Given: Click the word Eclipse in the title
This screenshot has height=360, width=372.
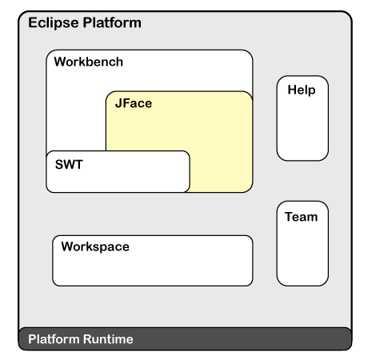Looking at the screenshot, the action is click(54, 23).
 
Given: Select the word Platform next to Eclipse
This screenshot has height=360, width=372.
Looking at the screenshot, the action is click(112, 22).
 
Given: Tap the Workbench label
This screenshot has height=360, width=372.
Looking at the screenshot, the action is click(89, 62).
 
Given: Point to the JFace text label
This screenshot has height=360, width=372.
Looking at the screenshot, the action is click(134, 103).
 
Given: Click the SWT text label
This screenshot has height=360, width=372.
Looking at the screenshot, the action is click(69, 164).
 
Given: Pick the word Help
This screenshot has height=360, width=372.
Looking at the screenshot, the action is click(302, 90).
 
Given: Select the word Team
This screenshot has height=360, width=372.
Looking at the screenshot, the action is click(302, 217).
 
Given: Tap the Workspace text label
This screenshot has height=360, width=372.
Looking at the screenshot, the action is click(95, 246).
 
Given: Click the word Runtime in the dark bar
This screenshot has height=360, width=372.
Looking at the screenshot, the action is click(108, 339).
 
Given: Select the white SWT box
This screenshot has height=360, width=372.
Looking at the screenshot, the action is click(118, 171).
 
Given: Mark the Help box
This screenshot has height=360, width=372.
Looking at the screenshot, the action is click(302, 118).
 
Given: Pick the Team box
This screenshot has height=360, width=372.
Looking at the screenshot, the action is click(302, 243).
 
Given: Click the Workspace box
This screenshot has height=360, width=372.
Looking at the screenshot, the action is click(153, 261).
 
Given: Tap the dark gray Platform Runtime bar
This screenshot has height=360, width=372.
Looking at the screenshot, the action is click(185, 338).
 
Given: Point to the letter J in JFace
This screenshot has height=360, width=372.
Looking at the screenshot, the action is click(118, 103).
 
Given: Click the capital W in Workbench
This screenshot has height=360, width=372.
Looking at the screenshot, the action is click(60, 62).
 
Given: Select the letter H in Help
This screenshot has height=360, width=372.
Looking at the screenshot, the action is click(292, 90).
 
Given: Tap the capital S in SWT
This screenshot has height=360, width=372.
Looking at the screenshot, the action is click(58, 164).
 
